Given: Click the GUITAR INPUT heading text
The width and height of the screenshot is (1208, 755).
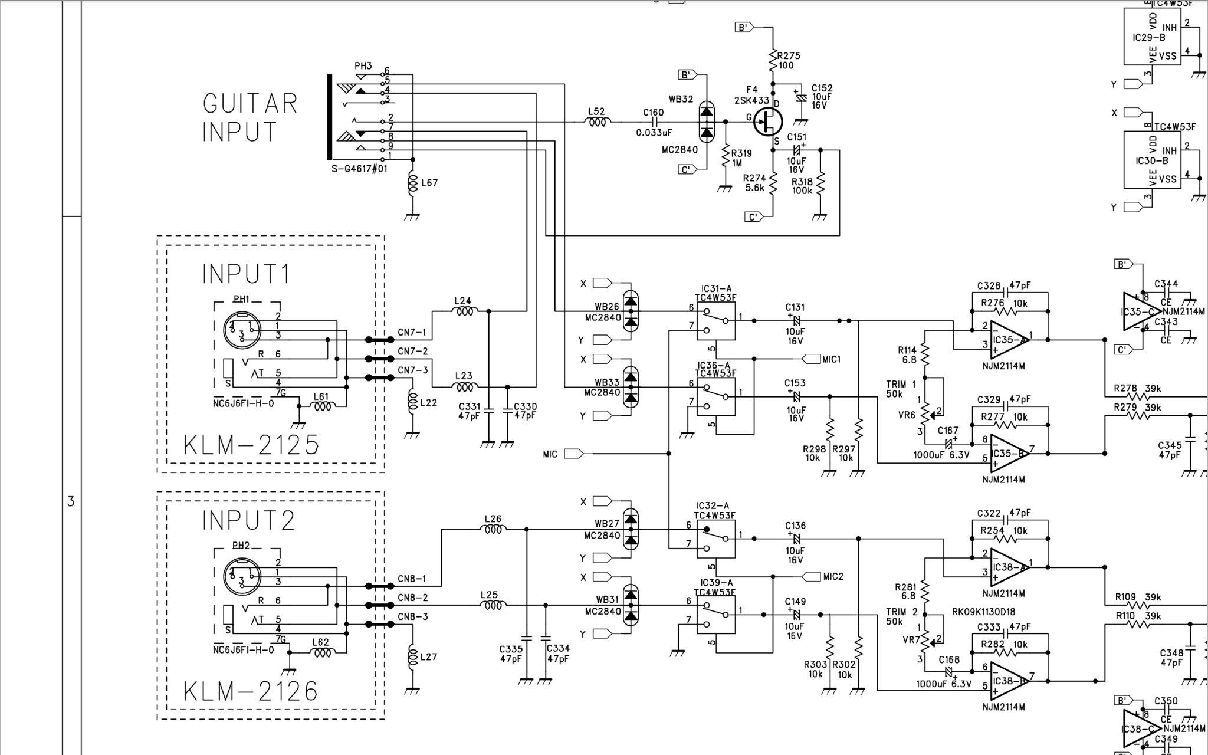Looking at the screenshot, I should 250,117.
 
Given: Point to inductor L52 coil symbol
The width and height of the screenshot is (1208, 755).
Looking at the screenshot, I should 597,122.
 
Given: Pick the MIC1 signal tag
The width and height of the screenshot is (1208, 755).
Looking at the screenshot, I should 830,359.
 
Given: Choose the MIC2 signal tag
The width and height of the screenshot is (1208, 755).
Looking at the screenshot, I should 833,576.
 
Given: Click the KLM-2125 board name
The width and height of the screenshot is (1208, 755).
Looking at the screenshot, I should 251,444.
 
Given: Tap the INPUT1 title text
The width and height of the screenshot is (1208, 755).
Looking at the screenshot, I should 247,274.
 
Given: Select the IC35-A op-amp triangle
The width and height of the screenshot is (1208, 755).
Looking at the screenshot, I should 1010,340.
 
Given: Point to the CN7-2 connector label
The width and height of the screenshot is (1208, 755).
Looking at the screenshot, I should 412,352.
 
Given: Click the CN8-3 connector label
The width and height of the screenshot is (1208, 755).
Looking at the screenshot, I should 412,617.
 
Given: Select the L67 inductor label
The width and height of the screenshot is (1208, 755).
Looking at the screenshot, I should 429,183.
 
